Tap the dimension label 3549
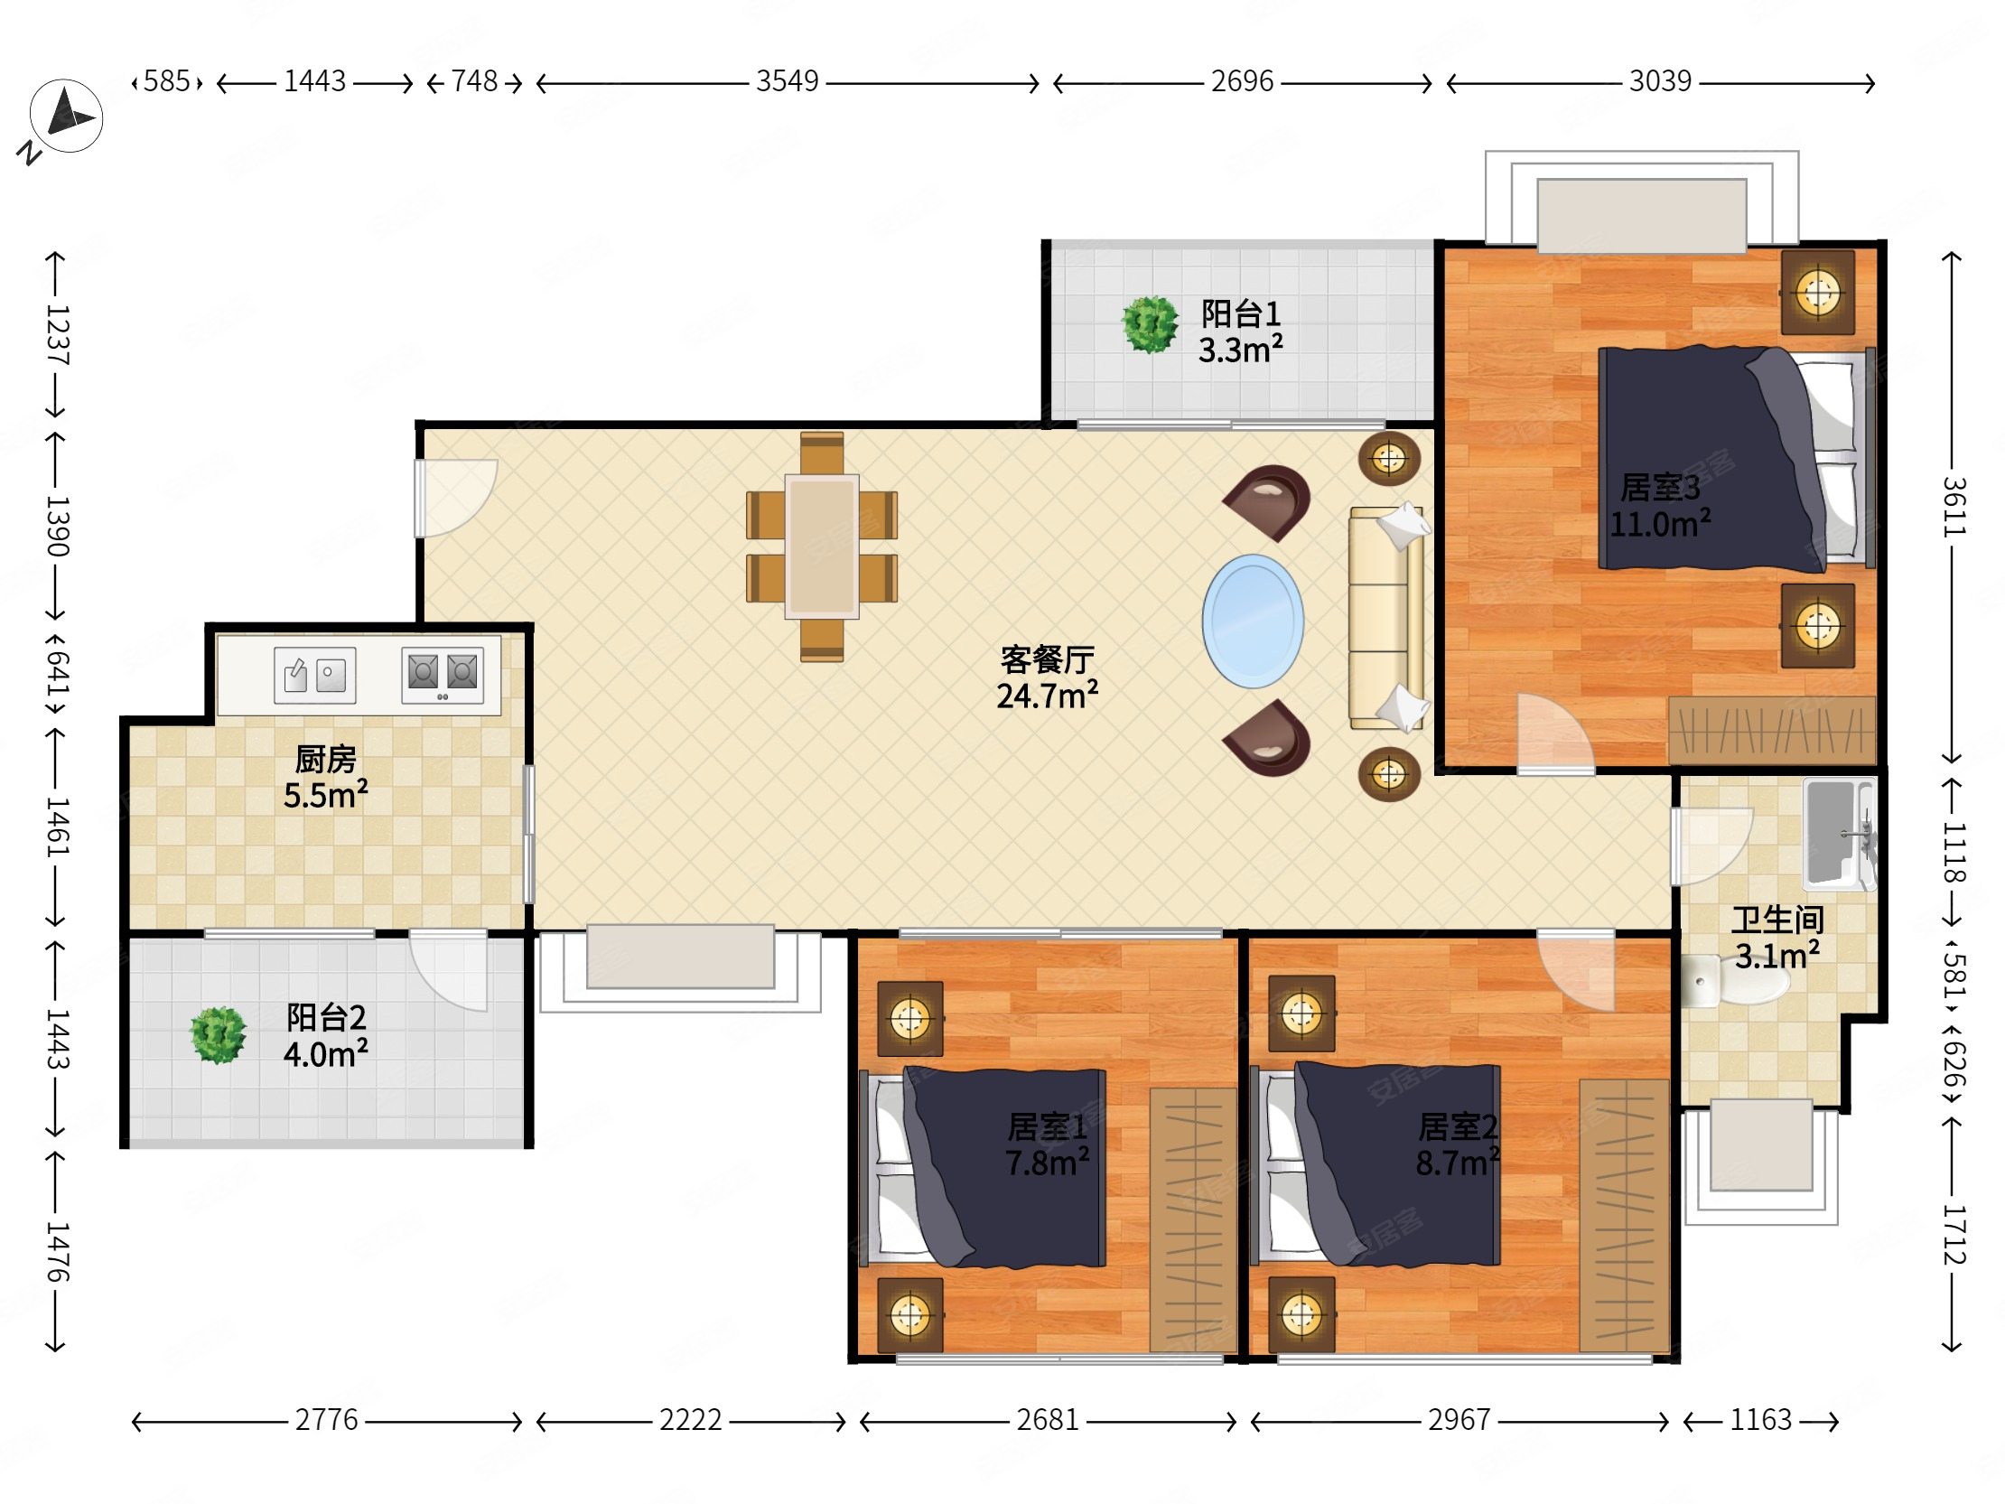787,81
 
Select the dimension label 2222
690,1420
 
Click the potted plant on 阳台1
1150,323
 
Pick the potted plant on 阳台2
218,1034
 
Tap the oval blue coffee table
1253,621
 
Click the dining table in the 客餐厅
821,546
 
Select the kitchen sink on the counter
314,675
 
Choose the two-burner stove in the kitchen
443,676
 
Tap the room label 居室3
1660,488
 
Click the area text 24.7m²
1047,696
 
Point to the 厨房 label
325,759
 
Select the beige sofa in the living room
1385,618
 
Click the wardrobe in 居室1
1193,1219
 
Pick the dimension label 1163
1760,1420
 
